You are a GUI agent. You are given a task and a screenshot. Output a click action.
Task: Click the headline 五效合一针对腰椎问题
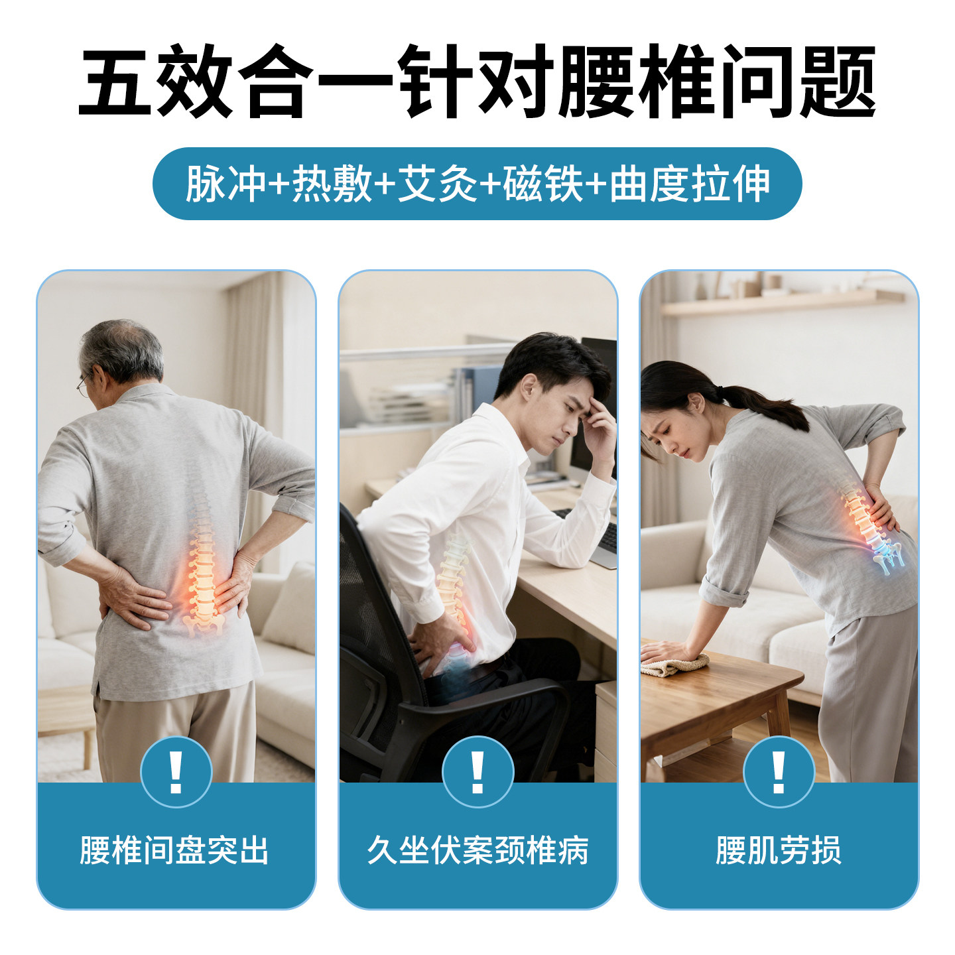coord(477,83)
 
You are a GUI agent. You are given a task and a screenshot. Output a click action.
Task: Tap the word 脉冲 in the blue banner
coord(225,184)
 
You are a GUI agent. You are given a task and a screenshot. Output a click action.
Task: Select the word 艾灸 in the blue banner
coord(438,184)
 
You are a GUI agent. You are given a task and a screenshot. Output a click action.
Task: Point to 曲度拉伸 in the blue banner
coord(690,184)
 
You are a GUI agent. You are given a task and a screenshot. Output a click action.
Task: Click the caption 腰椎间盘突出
coord(175,850)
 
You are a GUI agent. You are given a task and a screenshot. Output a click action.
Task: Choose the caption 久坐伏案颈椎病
coord(477,850)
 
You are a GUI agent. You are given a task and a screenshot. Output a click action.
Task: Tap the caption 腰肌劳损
coord(779,850)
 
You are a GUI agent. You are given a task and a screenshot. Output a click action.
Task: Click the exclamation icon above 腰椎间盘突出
coord(176,772)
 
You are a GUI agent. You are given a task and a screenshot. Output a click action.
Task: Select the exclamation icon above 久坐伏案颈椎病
coord(477,772)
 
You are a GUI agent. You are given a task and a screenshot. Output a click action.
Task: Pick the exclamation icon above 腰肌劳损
coord(779,772)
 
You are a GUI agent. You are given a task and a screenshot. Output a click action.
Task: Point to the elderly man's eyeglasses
coord(84,385)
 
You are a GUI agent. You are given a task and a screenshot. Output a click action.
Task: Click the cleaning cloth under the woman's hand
coord(673,665)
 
